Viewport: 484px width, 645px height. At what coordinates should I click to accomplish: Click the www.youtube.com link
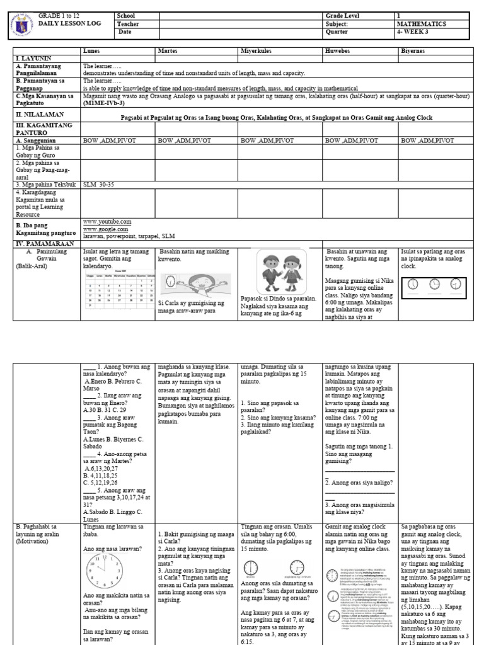coord(107,222)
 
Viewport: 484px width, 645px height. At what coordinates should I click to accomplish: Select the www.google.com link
coord(105,229)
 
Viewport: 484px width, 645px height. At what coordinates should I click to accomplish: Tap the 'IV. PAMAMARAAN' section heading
coord(42,243)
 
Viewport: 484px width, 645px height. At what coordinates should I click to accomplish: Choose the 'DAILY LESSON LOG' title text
coord(66,23)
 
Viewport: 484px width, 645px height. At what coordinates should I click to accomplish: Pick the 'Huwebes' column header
coord(337,50)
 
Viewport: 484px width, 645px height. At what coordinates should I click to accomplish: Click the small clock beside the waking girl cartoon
coord(170,281)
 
